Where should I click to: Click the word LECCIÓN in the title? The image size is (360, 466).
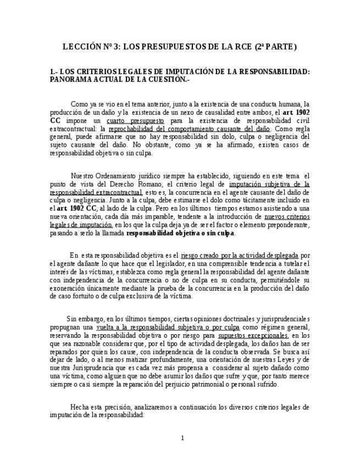pos(82,47)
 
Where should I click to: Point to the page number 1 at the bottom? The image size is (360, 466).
pos(182,437)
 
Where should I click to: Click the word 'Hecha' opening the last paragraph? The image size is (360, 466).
pos(80,407)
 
